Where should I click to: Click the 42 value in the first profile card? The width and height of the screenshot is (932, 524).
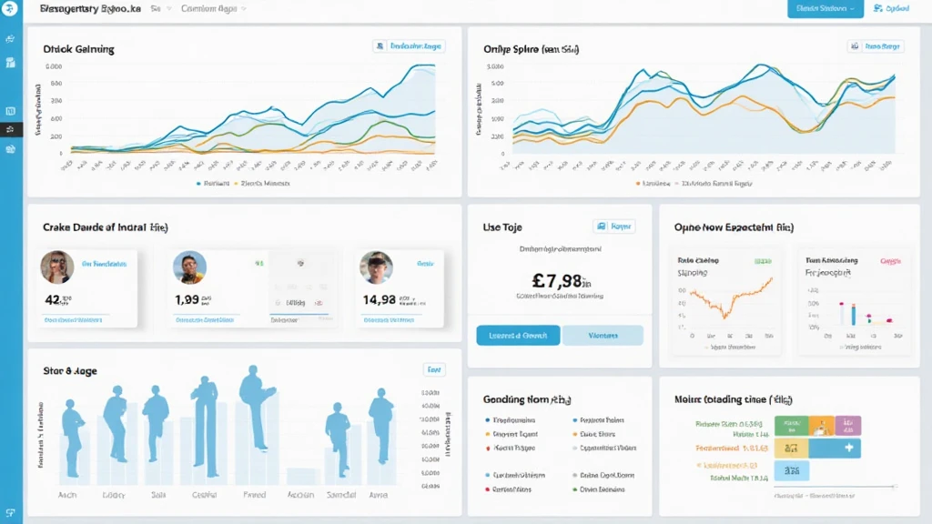[x=52, y=298]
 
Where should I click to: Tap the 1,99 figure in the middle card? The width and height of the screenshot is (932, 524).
[x=187, y=298]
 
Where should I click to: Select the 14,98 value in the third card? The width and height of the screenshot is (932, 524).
[x=379, y=298]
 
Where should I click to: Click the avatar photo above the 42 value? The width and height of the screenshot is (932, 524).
[x=56, y=267]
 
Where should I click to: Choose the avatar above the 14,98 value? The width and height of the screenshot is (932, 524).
[x=375, y=267]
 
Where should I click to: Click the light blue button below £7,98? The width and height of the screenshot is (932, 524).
[x=603, y=335]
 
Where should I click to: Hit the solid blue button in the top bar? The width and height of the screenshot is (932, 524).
[x=825, y=9]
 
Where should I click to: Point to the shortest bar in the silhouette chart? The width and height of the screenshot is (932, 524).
[x=300, y=476]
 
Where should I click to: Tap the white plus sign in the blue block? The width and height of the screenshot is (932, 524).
[x=848, y=448]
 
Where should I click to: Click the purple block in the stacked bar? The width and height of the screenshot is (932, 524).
[x=847, y=425]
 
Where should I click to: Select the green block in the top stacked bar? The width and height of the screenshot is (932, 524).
[x=790, y=425]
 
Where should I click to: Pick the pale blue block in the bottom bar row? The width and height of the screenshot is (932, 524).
[x=791, y=470]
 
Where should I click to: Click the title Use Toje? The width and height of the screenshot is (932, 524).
[x=502, y=227]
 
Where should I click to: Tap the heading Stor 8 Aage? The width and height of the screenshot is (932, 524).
[x=70, y=371]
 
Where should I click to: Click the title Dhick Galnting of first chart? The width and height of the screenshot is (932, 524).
[x=78, y=49]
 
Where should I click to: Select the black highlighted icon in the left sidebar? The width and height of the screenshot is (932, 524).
[x=11, y=129]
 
